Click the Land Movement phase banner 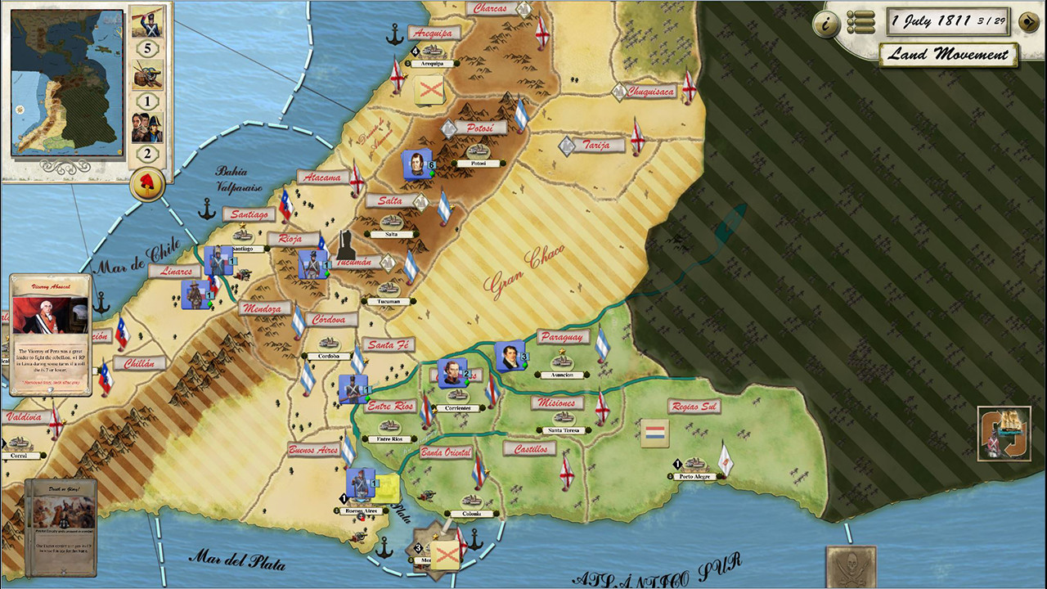pos(949,55)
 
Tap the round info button pos(827,24)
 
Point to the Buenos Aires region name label pos(313,450)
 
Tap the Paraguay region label pos(564,337)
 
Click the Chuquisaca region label pos(651,92)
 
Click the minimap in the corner pos(68,82)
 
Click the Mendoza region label pos(265,308)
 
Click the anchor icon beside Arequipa pos(395,34)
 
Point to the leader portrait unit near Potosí pos(416,164)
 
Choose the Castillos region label pos(529,448)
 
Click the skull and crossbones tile pos(851,567)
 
